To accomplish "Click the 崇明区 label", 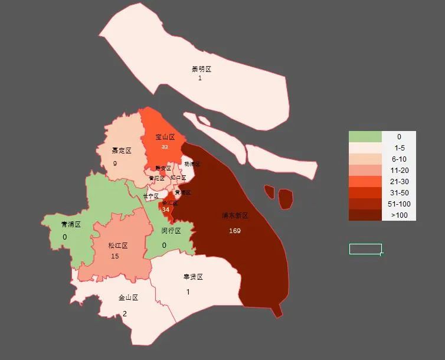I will [x=201, y=69].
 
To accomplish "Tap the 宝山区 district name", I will [x=165, y=137].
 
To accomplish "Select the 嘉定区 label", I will [x=122, y=150].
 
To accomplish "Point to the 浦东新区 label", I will [x=235, y=216].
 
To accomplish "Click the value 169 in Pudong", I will [x=235, y=231].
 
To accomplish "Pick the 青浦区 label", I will [x=71, y=225].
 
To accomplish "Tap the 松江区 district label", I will [x=118, y=246].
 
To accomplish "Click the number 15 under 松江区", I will [x=115, y=256].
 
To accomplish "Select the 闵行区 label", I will [x=171, y=231].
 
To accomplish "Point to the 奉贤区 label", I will [x=193, y=277].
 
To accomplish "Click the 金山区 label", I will [x=128, y=298].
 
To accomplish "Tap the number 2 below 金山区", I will [x=125, y=314].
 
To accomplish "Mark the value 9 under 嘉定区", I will [x=114, y=163].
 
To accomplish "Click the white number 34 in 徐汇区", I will [x=166, y=210].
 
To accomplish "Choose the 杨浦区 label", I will [x=192, y=164].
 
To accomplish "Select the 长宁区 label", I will [x=150, y=196].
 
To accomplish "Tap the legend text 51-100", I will [x=399, y=204].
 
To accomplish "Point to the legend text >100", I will [x=399, y=215].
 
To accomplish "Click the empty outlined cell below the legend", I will [x=365, y=249].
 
